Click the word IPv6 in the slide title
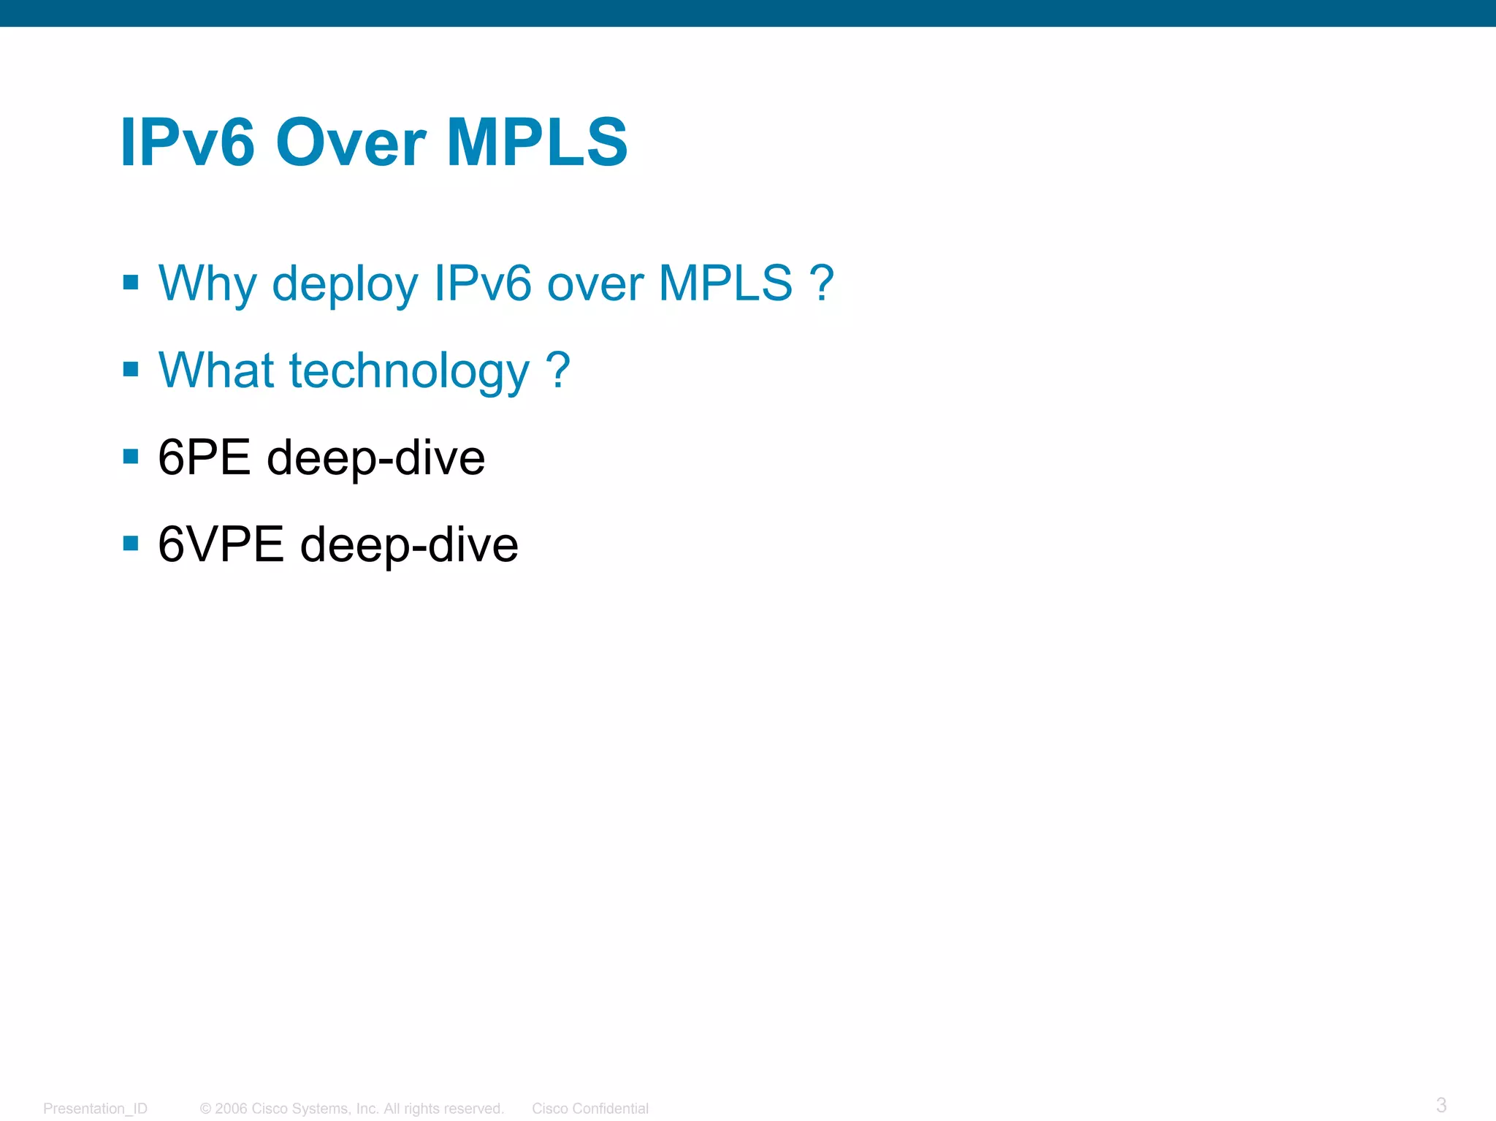point(188,142)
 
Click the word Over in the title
point(351,142)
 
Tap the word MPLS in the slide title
point(537,142)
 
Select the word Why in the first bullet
point(207,284)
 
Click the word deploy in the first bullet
point(345,284)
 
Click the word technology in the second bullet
point(409,370)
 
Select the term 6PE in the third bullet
point(204,457)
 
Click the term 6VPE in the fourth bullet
point(221,544)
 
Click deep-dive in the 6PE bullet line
point(375,459)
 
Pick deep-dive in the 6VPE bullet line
point(409,546)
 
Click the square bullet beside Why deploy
point(131,282)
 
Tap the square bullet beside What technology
point(131,369)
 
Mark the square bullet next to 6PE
point(131,457)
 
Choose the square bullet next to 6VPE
point(131,544)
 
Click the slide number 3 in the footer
point(1440,1104)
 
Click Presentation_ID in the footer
point(95,1109)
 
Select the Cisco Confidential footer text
point(589,1109)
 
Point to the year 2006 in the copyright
point(231,1109)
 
